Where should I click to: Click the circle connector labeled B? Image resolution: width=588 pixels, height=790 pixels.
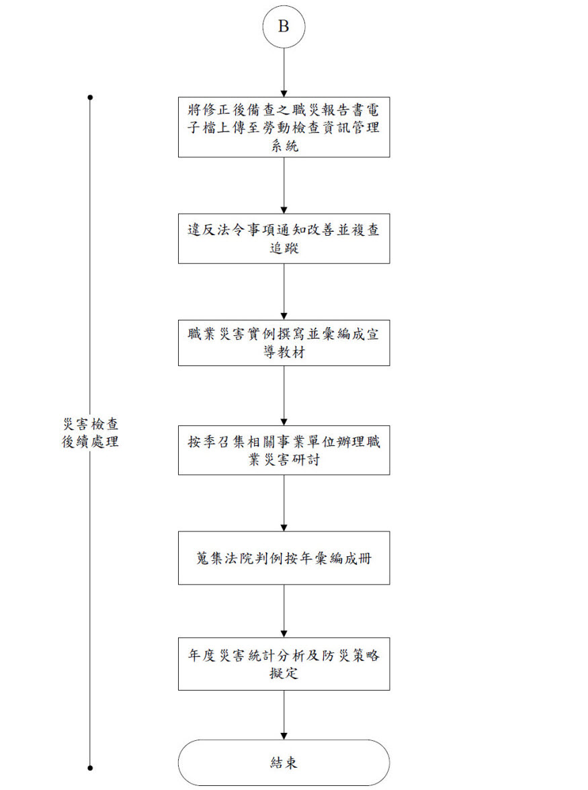[284, 27]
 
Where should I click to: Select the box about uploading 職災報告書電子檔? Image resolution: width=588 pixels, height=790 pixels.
[284, 127]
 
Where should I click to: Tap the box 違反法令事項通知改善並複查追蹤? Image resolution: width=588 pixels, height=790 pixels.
[284, 238]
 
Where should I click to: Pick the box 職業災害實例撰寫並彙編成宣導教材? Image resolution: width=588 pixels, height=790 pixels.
[284, 343]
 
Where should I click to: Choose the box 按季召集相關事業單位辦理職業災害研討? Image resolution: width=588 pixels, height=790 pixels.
[284, 450]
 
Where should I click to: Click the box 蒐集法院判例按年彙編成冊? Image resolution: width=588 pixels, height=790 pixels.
[284, 558]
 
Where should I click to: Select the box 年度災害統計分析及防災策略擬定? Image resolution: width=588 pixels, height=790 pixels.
[284, 664]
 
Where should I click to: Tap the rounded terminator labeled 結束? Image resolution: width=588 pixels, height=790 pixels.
[284, 762]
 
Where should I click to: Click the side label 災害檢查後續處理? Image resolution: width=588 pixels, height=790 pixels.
[90, 433]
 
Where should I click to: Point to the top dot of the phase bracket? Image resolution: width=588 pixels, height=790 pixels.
[90, 97]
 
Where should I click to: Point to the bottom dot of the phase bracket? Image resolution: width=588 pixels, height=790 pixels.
[90, 768]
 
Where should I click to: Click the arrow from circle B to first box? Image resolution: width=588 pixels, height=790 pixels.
[284, 73]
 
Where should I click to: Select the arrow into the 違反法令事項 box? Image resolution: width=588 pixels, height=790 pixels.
[284, 185]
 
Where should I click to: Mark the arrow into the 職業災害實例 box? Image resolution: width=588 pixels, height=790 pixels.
[284, 292]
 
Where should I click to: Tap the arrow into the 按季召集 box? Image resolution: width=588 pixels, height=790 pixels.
[284, 396]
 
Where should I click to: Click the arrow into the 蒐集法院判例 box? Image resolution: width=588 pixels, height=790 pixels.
[284, 502]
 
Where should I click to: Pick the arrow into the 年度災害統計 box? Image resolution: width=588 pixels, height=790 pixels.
[284, 611]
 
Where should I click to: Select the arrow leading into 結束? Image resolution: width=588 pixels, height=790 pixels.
[284, 715]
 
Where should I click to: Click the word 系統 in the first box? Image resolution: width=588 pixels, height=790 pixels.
[285, 146]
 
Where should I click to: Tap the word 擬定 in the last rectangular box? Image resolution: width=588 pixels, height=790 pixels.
[284, 673]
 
